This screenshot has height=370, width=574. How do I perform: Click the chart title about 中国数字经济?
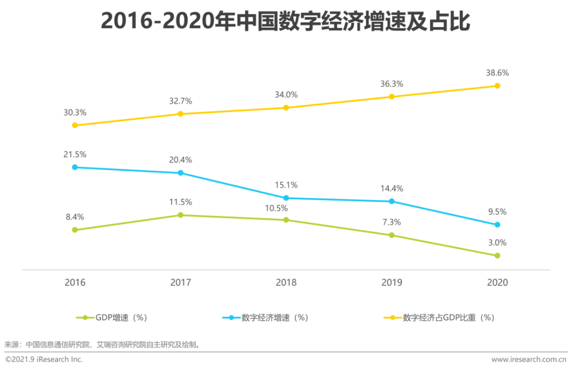[x=286, y=22]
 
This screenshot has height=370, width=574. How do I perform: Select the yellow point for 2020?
[x=497, y=85]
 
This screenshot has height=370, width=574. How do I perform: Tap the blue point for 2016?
[x=75, y=167]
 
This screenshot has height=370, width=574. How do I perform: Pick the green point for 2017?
[x=180, y=215]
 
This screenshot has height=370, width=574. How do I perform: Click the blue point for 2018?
[x=286, y=198]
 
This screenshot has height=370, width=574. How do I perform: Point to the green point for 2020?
[x=497, y=255]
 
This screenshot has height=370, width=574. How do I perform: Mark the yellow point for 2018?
[x=286, y=107]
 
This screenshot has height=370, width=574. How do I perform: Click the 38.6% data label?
[x=497, y=73]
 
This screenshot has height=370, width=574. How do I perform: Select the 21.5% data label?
[x=75, y=154]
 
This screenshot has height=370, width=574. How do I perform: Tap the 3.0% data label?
[x=497, y=243]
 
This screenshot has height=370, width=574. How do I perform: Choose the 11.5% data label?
[x=180, y=202]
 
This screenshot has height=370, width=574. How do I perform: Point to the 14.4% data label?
[x=391, y=188]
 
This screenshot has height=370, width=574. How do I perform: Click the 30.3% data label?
[x=75, y=112]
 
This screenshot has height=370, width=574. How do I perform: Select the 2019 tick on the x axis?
[x=391, y=283]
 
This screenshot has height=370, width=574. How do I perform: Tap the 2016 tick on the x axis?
[x=75, y=283]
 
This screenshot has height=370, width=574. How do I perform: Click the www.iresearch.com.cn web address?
[x=529, y=360]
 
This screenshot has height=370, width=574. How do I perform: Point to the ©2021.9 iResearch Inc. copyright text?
[x=44, y=360]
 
